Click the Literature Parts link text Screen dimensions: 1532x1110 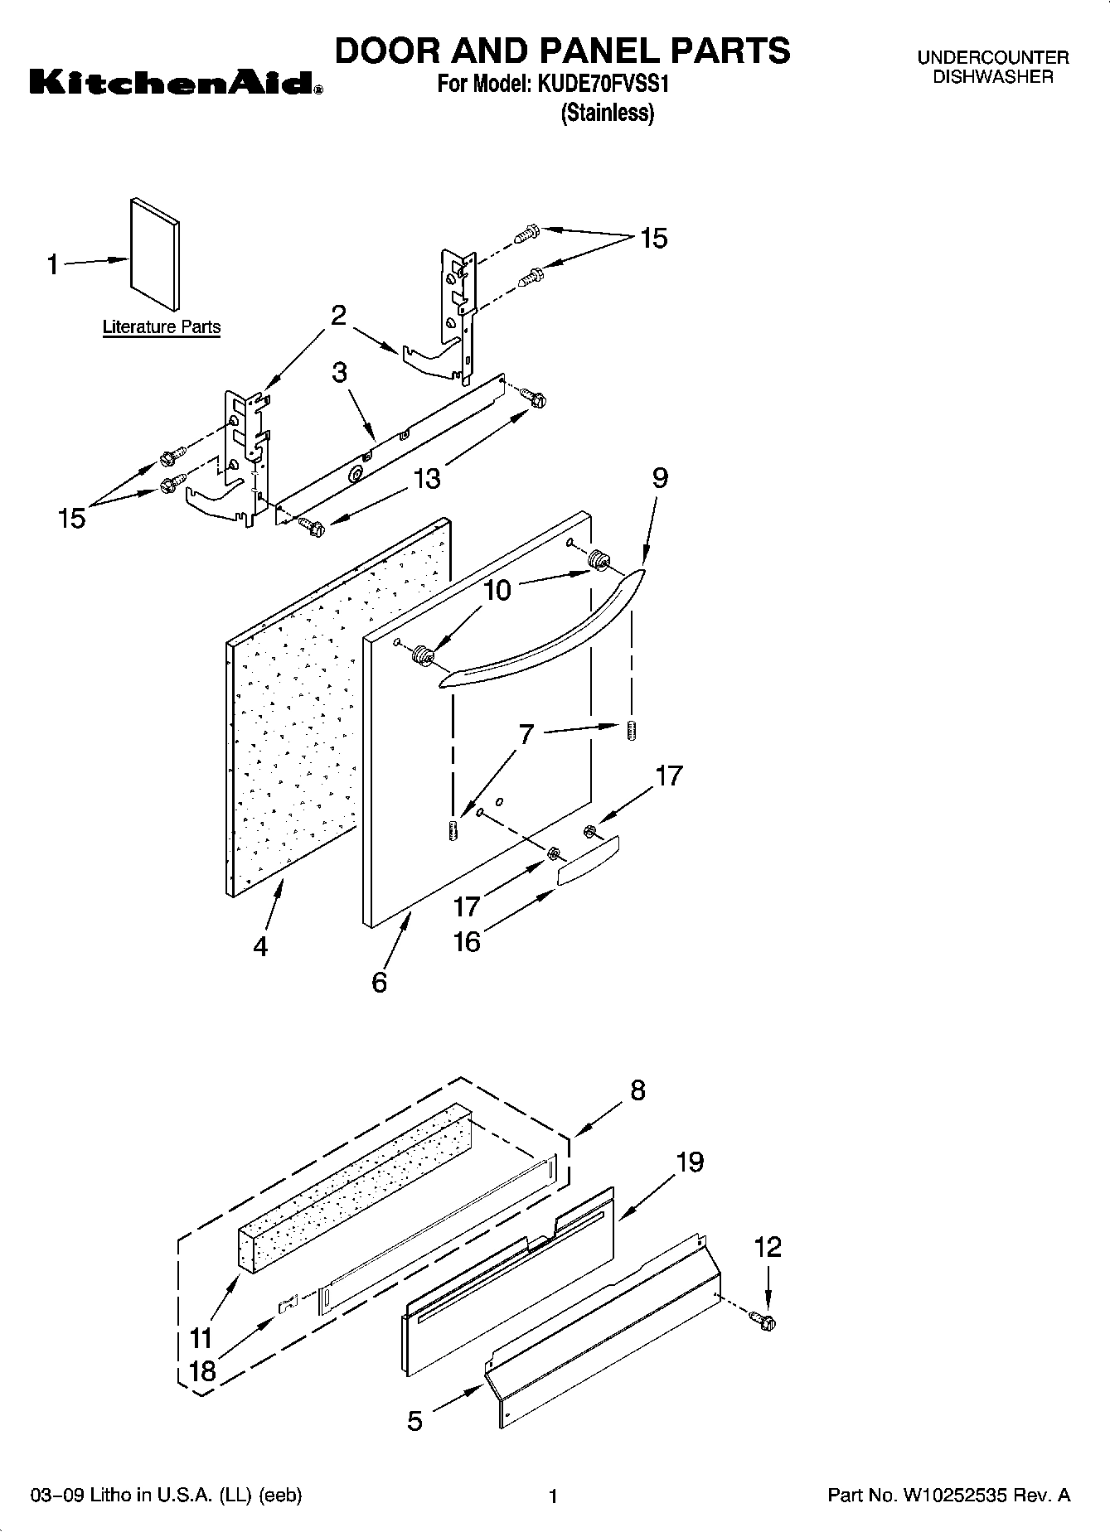pyautogui.click(x=162, y=327)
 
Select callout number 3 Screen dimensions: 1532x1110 pyautogui.click(x=339, y=373)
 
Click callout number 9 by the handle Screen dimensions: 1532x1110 pyautogui.click(x=660, y=478)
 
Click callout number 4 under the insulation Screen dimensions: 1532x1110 pyautogui.click(x=261, y=946)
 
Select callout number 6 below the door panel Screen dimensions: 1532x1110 pyautogui.click(x=380, y=983)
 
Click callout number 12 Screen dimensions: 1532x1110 pyautogui.click(x=768, y=1247)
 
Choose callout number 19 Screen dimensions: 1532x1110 pyautogui.click(x=690, y=1162)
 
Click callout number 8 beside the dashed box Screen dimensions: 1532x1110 pyautogui.click(x=637, y=1090)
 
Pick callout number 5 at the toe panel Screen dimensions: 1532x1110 pyautogui.click(x=415, y=1421)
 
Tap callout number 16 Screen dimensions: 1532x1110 pyautogui.click(x=468, y=942)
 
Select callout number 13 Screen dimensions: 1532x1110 pyautogui.click(x=427, y=479)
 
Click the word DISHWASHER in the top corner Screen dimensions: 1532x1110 pyautogui.click(x=992, y=77)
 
